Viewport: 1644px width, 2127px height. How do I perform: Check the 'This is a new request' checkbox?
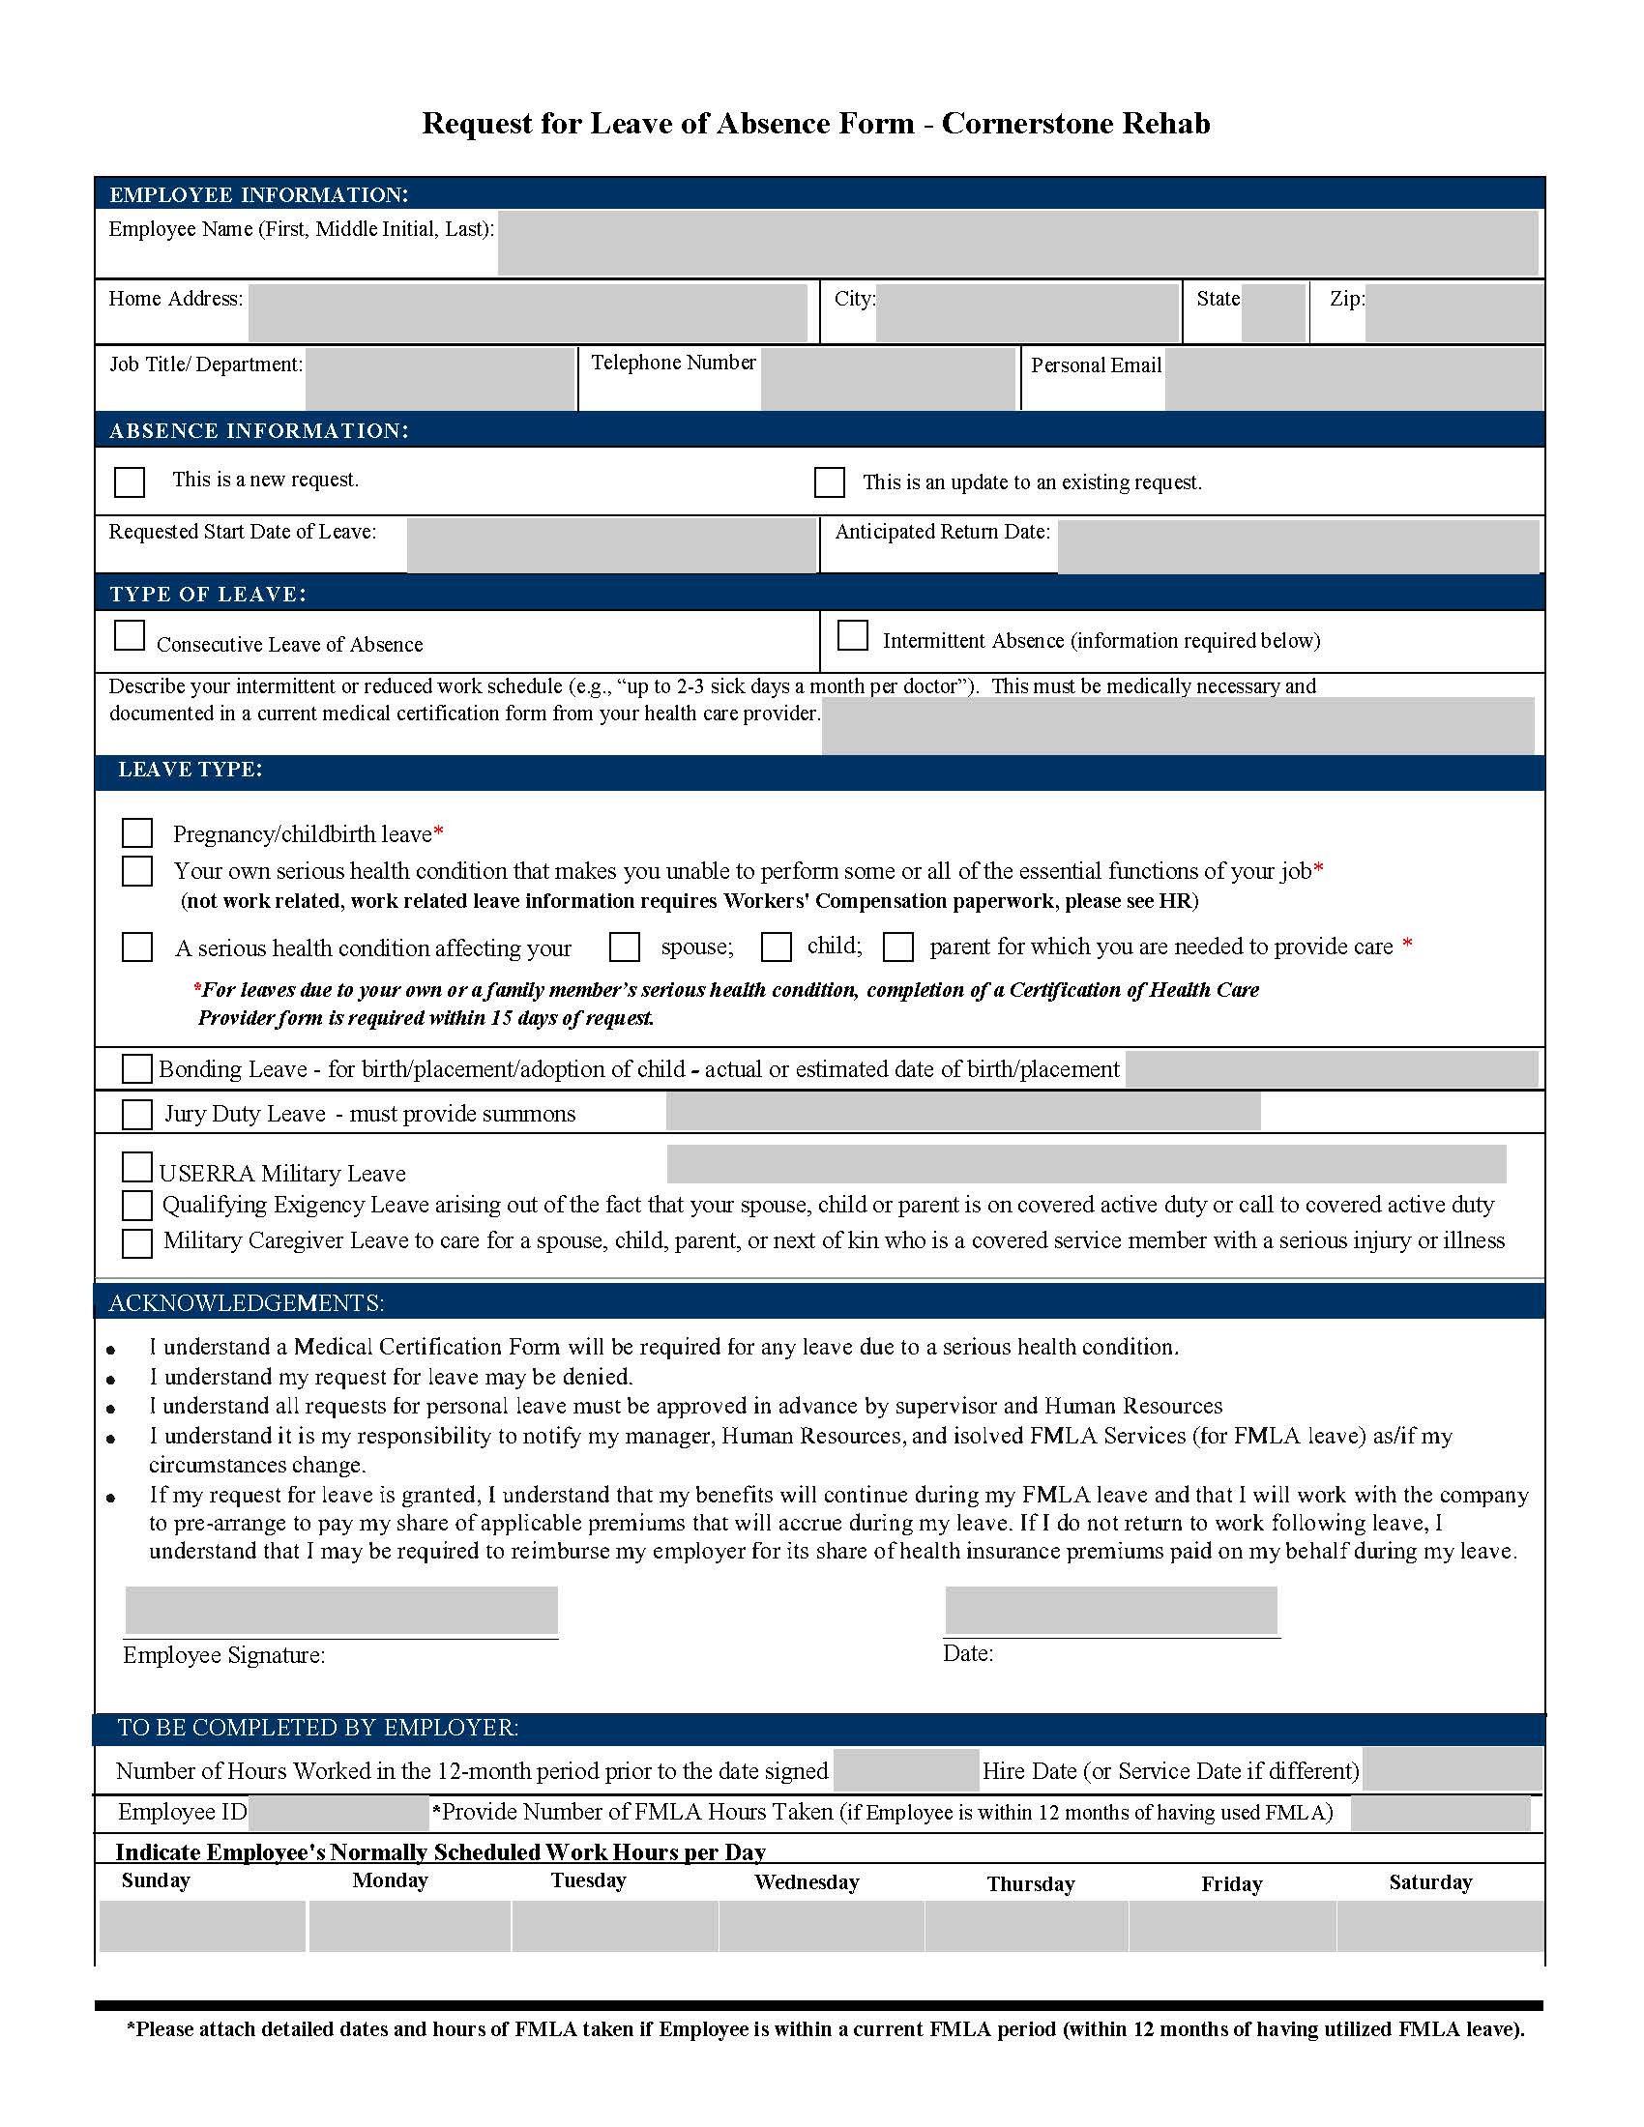point(130,482)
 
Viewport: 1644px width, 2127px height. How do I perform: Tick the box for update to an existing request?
point(829,482)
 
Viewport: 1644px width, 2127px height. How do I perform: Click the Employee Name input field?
point(1016,244)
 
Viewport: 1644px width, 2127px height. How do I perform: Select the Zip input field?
point(1453,312)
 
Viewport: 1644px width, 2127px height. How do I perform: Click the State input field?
point(1272,312)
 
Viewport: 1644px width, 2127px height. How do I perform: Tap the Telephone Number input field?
point(887,378)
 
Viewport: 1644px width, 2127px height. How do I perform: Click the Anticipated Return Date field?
point(1297,546)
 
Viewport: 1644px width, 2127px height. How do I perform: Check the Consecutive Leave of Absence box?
point(130,635)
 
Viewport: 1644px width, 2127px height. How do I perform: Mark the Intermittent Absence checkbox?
point(852,635)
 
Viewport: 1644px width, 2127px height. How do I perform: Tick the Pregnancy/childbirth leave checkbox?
point(137,832)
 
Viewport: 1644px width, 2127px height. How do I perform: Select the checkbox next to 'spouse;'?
point(625,947)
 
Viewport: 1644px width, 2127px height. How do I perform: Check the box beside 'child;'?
point(777,947)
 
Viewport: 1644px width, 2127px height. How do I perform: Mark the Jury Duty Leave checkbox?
point(137,1114)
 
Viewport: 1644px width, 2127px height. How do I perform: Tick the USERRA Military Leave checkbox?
point(137,1167)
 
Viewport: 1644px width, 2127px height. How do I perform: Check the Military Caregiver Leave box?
point(137,1242)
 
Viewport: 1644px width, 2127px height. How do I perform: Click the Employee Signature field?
point(340,1610)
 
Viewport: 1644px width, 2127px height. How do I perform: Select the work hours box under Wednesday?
point(821,1925)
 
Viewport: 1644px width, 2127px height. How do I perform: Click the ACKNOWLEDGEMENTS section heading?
point(247,1302)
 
